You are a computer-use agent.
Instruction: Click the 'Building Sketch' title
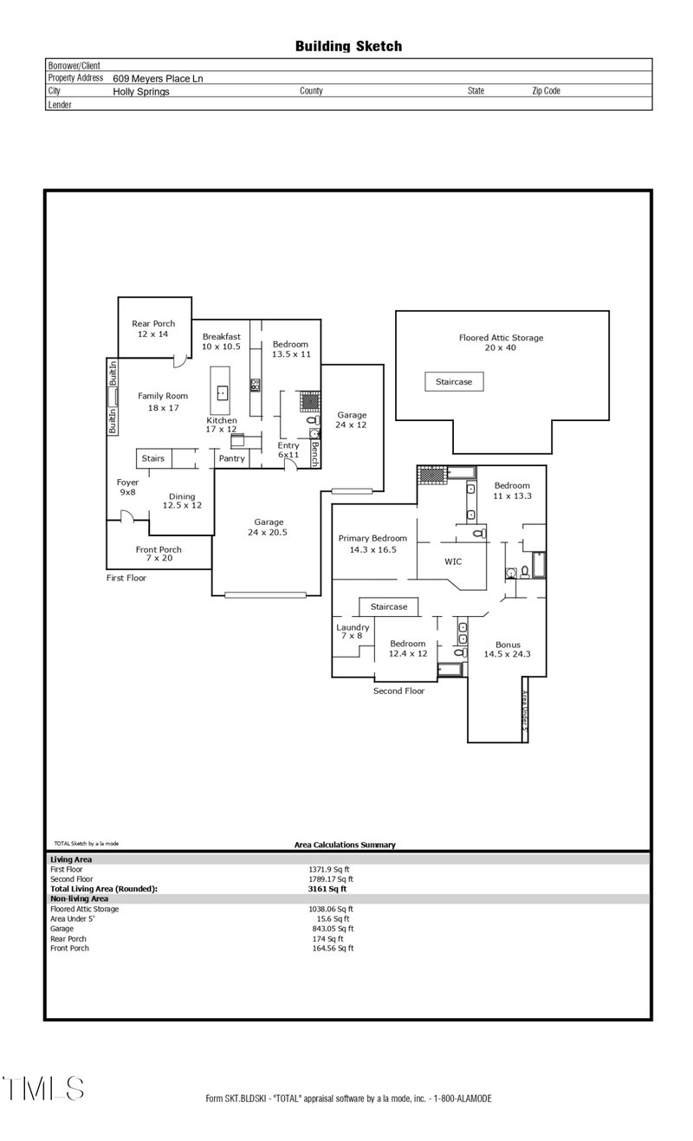[348, 47]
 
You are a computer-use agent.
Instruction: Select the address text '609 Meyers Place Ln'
[158, 78]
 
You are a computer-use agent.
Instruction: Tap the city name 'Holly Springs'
[141, 91]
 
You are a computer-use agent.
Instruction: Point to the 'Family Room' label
[163, 396]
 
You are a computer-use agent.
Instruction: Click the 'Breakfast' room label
[221, 336]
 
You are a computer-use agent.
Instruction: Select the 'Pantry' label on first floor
[231, 458]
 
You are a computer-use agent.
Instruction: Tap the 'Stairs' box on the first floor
[153, 457]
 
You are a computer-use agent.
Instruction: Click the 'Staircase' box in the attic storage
[454, 381]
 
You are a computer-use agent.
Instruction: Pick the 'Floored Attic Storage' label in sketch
[501, 338]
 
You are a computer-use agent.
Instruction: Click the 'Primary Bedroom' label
[372, 538]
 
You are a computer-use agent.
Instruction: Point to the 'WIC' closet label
[453, 561]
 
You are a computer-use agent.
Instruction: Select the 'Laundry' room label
[353, 627]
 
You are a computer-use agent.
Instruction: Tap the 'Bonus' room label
[508, 645]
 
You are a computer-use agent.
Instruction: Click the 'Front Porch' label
[159, 549]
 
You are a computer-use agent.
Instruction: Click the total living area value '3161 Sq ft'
[327, 888]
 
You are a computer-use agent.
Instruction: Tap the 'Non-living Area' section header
[79, 898]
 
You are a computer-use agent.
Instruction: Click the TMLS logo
[42, 1088]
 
